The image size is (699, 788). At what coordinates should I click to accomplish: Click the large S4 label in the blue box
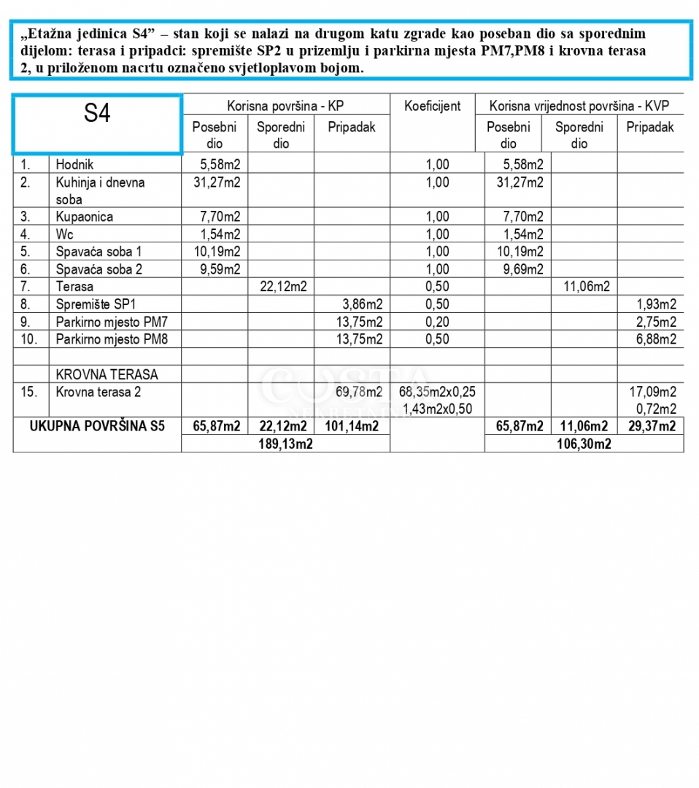(96, 114)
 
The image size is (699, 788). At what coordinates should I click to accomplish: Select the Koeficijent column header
(432, 106)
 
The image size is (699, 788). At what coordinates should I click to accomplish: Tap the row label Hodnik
(75, 165)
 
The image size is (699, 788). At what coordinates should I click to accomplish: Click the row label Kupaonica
(84, 217)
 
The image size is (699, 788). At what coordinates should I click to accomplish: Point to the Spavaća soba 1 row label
(99, 252)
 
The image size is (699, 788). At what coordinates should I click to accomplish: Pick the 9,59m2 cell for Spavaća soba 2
(217, 269)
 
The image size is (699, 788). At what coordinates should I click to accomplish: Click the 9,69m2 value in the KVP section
(520, 269)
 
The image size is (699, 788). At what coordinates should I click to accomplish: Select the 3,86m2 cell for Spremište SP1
(363, 304)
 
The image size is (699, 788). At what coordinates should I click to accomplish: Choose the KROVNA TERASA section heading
(107, 374)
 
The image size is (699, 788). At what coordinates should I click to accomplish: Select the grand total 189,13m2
(285, 444)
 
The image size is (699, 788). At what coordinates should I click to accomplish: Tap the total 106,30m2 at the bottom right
(584, 444)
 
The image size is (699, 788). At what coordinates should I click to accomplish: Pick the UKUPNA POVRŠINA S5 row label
(97, 426)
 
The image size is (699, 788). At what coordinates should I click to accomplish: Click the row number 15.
(28, 392)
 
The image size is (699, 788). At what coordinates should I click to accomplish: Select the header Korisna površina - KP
(286, 106)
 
